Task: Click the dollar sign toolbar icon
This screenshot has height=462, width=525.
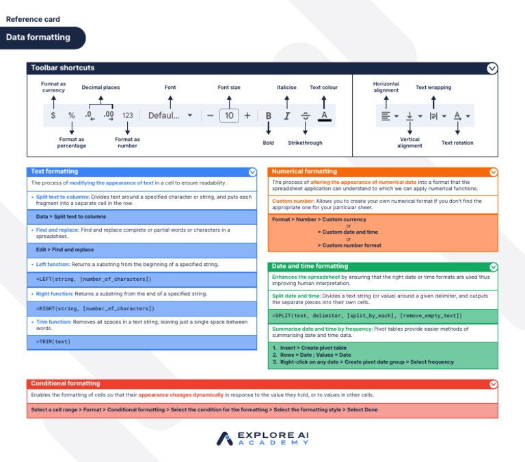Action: [x=53, y=116]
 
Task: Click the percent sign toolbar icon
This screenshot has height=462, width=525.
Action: [x=71, y=116]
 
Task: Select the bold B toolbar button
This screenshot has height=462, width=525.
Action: [x=268, y=116]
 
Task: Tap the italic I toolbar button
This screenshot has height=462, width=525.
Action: [x=286, y=116]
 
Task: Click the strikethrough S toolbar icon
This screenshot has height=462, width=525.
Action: [x=305, y=116]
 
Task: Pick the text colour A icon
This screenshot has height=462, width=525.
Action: [x=324, y=116]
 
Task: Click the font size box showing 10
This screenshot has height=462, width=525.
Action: [x=229, y=116]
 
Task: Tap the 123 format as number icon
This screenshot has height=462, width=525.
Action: [x=127, y=116]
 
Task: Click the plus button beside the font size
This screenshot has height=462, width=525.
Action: [x=247, y=116]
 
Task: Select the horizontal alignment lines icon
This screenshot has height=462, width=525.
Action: [x=386, y=116]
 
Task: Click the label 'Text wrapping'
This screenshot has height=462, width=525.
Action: [x=433, y=87]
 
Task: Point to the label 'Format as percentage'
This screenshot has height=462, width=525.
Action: [x=71, y=143]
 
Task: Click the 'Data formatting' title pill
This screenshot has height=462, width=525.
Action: [x=39, y=38]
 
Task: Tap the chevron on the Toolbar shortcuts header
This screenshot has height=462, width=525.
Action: [x=492, y=68]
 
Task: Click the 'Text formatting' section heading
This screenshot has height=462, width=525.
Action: [x=55, y=172]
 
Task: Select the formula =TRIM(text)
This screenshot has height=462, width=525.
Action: [x=53, y=342]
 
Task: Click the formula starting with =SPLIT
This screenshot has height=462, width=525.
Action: [x=366, y=316]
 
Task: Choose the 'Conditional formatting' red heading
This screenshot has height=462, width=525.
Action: [x=66, y=383]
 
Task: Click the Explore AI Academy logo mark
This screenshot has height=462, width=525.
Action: [x=225, y=438]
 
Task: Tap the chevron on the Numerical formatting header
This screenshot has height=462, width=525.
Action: [x=494, y=172]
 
